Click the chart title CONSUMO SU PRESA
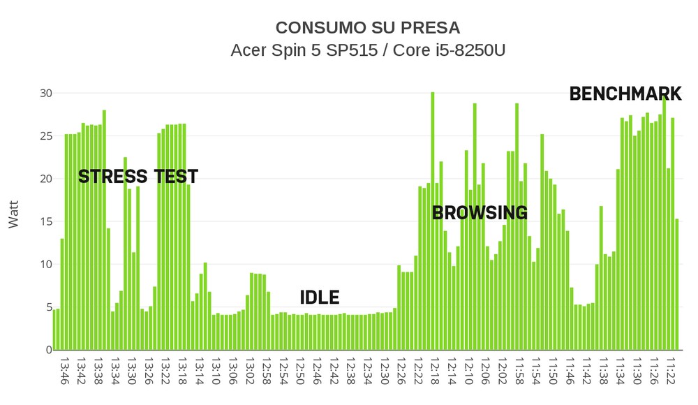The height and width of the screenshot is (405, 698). (367, 28)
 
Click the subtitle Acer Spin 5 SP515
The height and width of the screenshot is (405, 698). (367, 51)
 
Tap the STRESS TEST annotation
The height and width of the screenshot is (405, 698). (138, 177)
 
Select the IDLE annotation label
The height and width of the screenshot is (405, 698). (319, 297)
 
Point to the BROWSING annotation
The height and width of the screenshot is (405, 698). (480, 213)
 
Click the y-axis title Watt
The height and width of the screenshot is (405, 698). (14, 214)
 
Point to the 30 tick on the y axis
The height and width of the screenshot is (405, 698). (45, 93)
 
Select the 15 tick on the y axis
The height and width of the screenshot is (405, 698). (45, 221)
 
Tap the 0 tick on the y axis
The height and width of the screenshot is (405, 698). (49, 350)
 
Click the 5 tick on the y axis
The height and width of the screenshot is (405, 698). (49, 307)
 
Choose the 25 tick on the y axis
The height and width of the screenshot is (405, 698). (45, 135)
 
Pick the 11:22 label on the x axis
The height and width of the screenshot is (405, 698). (671, 371)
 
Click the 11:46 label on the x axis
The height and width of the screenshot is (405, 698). (571, 371)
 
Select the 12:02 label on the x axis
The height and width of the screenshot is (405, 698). (503, 371)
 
